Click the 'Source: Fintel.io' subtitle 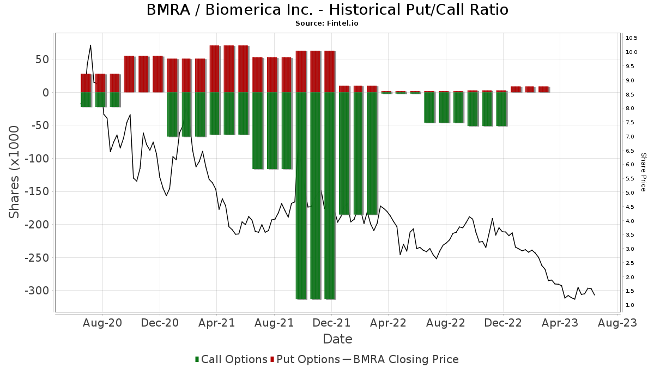[327, 23]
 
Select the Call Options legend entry [231, 359]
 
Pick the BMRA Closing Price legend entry [401, 359]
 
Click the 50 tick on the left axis [43, 59]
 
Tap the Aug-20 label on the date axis [102, 323]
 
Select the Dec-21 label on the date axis [331, 323]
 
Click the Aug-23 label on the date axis [617, 323]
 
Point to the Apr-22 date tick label [388, 323]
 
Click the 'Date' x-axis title [337, 339]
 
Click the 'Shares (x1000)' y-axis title [15, 172]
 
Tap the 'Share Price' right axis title [643, 172]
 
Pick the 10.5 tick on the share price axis [632, 38]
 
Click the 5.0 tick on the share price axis [630, 193]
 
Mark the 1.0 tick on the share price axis [630, 305]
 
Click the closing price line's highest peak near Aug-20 [90, 45]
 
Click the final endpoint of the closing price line [595, 295]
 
